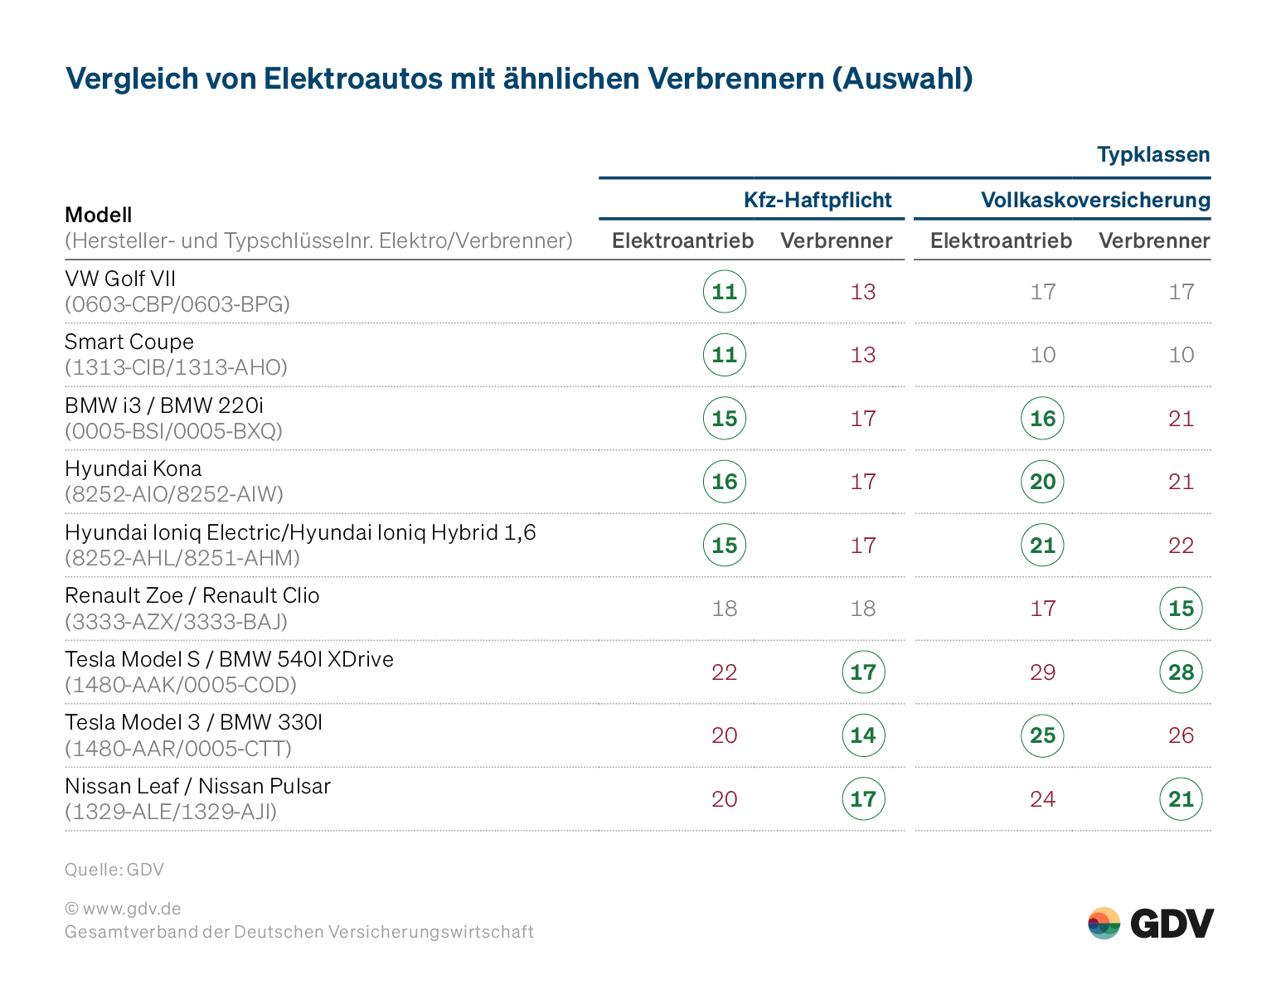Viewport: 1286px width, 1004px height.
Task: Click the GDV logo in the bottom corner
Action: pos(1150,923)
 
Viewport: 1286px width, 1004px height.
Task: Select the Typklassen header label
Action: pos(1153,155)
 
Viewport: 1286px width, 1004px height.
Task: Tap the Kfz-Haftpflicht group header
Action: pos(817,200)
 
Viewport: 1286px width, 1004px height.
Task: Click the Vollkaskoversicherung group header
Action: pos(1094,200)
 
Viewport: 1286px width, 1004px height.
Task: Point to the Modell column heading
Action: pos(99,215)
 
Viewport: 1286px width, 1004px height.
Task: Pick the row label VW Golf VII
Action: pos(120,279)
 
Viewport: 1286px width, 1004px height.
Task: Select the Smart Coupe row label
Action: pos(129,342)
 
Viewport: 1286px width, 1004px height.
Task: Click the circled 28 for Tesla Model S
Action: pos(1181,672)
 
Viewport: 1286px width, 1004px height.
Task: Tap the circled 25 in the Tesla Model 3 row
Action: pos(1042,735)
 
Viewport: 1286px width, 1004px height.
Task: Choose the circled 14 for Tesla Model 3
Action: pos(863,735)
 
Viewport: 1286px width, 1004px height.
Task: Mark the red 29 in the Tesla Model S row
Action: pos(1042,672)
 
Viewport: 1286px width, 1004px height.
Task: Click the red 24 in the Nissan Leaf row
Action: pos(1042,799)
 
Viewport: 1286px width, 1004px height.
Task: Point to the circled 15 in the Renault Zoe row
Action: pos(1181,609)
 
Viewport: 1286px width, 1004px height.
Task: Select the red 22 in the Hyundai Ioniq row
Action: pos(1181,546)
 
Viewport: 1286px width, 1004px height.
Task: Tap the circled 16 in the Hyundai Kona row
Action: pos(725,482)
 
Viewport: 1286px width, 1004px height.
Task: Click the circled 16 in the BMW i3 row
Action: pos(1042,419)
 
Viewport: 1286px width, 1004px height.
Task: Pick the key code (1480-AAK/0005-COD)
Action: pos(181,685)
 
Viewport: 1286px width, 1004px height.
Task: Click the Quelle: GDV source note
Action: pos(114,870)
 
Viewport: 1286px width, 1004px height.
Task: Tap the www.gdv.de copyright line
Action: pos(123,909)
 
